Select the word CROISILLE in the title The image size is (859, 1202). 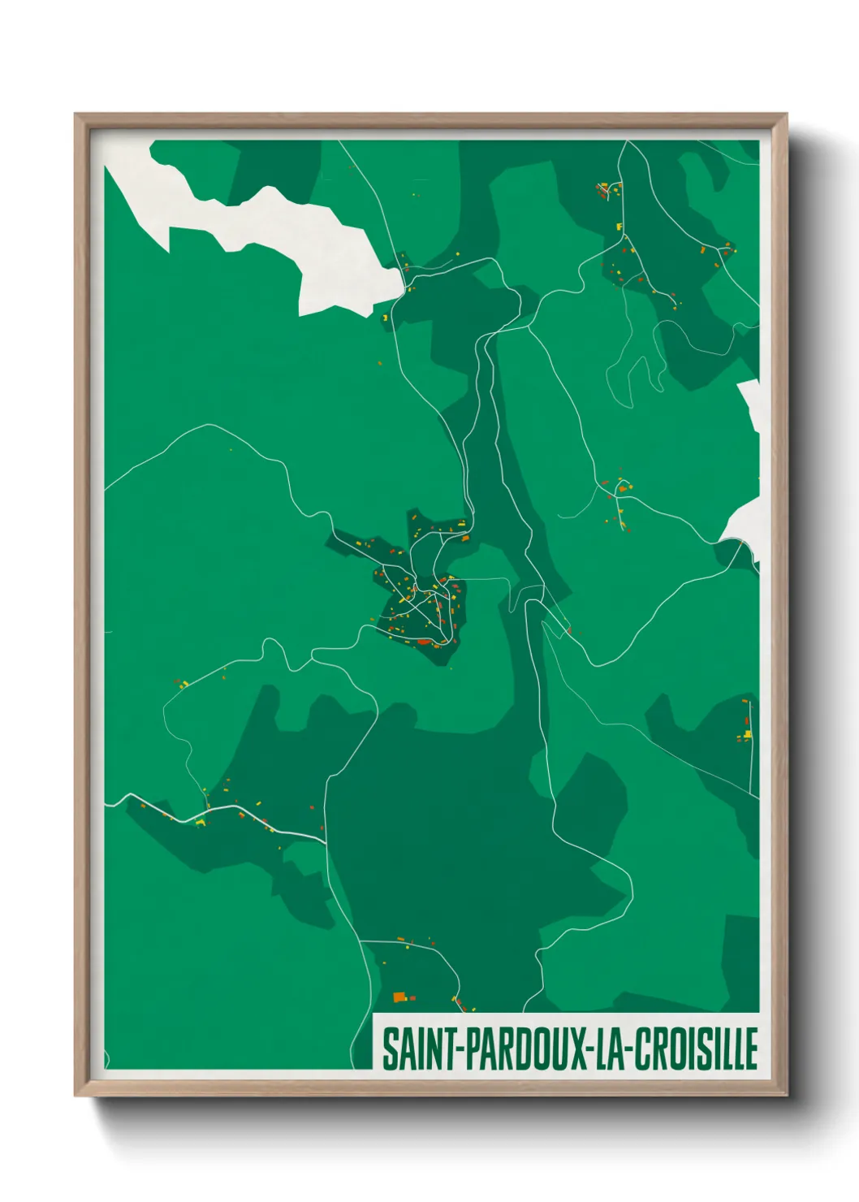point(696,1049)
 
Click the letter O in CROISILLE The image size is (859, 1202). point(673,1049)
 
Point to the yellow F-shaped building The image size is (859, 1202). point(620,228)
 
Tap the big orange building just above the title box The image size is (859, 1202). point(399,997)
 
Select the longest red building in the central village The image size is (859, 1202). point(423,642)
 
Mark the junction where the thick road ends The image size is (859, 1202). point(326,839)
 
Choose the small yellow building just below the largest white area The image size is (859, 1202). point(384,318)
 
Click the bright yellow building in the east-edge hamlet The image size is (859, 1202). point(747,734)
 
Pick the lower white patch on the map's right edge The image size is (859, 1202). point(743,524)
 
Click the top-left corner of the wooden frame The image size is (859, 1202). point(76,115)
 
